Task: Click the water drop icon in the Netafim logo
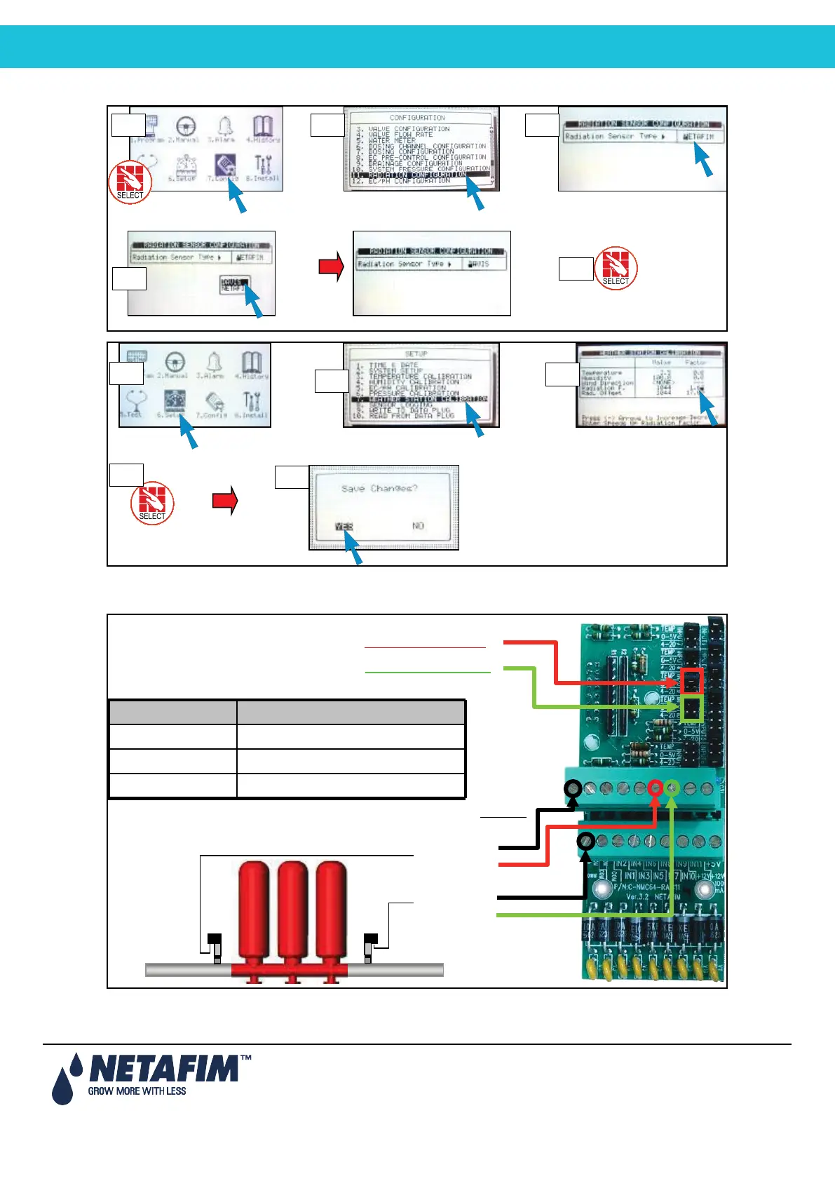[62, 1087]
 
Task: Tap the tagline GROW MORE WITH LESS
[137, 1091]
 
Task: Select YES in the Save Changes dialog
[344, 527]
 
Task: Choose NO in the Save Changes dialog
[418, 526]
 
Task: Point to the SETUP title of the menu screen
[416, 354]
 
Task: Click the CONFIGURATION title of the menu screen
[417, 118]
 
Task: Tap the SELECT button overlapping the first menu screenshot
[130, 182]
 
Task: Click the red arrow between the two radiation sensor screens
[331, 266]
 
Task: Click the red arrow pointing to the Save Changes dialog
[225, 501]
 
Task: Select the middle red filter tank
[292, 912]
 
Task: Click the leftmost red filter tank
[254, 912]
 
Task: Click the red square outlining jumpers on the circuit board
[692, 682]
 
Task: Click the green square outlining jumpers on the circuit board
[692, 708]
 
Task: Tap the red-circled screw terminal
[656, 788]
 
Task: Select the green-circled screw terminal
[672, 788]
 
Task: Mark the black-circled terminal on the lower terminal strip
[586, 841]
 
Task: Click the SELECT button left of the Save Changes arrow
[152, 502]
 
